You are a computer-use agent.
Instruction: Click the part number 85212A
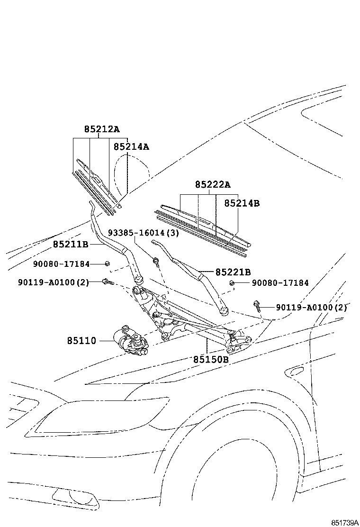[x=101, y=129]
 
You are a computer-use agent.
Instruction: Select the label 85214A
[x=131, y=146]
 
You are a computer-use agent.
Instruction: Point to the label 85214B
[x=242, y=203]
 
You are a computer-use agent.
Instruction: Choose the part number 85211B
[x=71, y=244]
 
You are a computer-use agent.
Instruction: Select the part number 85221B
[x=233, y=272]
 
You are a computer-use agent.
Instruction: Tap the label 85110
[x=81, y=340]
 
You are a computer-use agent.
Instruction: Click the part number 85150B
[x=211, y=359]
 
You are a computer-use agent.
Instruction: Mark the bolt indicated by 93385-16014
[x=155, y=260]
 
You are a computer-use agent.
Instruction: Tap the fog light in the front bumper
[x=76, y=496]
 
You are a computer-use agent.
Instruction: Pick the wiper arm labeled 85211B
[x=114, y=246]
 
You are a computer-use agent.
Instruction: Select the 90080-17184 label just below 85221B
[x=280, y=283]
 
